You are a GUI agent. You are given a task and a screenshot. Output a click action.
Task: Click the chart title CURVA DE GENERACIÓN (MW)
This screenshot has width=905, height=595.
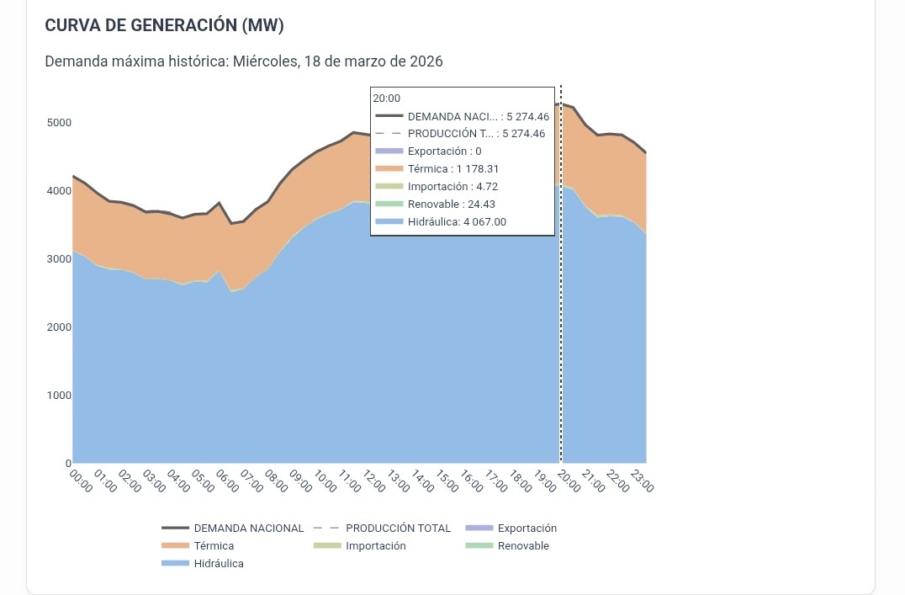[x=164, y=26]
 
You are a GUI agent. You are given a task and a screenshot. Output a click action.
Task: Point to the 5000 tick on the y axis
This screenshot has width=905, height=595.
[x=59, y=123]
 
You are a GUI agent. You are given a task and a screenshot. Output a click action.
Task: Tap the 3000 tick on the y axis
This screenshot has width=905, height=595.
[x=59, y=259]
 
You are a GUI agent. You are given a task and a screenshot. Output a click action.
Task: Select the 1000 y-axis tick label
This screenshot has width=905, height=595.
[x=59, y=396]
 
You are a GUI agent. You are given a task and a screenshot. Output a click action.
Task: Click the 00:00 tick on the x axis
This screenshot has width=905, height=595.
[x=81, y=481]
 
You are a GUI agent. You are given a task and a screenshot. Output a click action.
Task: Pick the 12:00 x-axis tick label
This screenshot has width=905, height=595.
[x=374, y=481]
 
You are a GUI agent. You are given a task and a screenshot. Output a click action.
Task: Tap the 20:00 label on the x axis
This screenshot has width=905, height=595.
[x=569, y=481]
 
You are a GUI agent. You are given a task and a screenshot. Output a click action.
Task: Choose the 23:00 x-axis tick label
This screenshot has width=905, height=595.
[x=643, y=481]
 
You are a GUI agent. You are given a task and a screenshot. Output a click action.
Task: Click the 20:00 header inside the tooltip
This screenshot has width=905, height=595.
[x=387, y=98]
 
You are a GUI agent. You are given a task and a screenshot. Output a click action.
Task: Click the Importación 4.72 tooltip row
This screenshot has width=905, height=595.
[x=452, y=187]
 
